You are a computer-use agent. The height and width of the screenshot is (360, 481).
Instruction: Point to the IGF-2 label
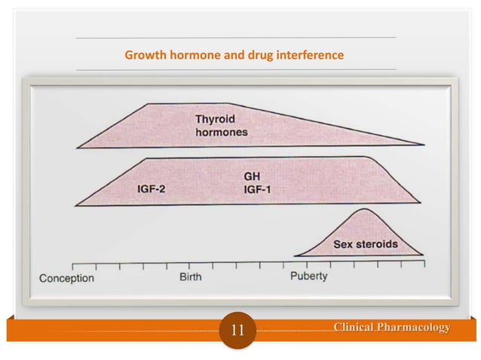pyautogui.click(x=152, y=189)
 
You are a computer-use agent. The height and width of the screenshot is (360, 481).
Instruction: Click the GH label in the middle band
pyautogui.click(x=252, y=176)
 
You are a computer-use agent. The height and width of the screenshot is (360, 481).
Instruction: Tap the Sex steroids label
pyautogui.click(x=366, y=244)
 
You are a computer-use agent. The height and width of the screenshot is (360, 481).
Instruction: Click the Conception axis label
pyautogui.click(x=67, y=278)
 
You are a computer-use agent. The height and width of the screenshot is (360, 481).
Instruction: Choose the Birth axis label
pyautogui.click(x=190, y=276)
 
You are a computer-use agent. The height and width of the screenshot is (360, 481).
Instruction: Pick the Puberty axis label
pyautogui.click(x=309, y=276)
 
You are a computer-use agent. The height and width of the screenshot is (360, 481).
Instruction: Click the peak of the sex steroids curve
pyautogui.click(x=364, y=209)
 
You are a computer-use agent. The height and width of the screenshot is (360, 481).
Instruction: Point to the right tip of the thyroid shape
pyautogui.click(x=424, y=145)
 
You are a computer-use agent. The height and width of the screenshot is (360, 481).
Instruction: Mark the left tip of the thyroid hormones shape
pyautogui.click(x=78, y=146)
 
